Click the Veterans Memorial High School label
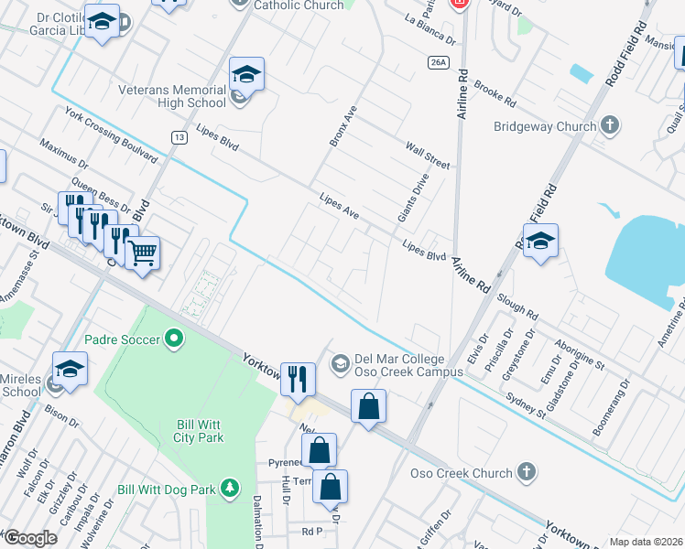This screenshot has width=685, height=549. (x=171, y=97)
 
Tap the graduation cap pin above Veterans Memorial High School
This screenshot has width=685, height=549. (x=246, y=74)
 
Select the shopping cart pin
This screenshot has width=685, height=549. (x=142, y=253)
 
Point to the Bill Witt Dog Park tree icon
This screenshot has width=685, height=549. (x=234, y=490)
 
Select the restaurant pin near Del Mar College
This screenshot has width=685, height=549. (x=298, y=379)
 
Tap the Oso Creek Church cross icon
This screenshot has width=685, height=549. (x=526, y=473)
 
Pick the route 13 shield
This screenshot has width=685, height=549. (x=178, y=136)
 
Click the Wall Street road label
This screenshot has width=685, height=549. (x=428, y=154)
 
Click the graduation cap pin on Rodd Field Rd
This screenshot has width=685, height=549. (x=540, y=242)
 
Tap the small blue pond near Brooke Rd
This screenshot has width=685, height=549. (x=581, y=73)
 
